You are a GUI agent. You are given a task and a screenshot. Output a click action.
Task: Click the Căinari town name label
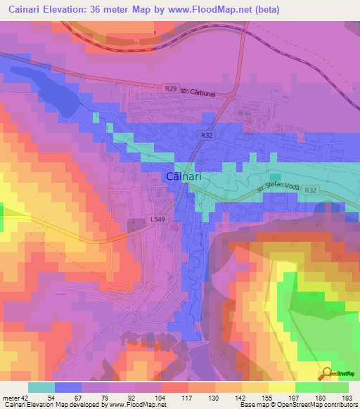click(x=184, y=177)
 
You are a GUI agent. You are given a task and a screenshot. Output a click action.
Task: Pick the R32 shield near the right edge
click(x=331, y=189)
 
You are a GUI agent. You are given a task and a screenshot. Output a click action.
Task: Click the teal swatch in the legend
click(x=41, y=387)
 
